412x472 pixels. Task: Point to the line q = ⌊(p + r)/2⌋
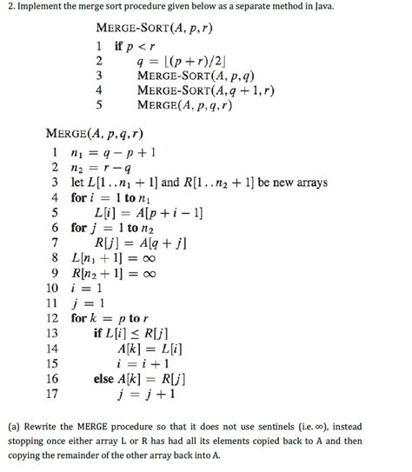point(180,61)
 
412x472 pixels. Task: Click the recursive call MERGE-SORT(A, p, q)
point(192,76)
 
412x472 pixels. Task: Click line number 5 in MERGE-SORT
point(100,105)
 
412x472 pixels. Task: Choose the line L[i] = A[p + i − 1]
point(140,213)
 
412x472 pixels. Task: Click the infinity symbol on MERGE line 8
point(150,258)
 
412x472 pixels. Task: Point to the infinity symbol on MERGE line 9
point(150,273)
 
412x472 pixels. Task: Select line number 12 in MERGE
point(52,318)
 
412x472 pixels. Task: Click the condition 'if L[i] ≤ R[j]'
point(133,334)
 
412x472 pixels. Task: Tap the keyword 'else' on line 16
point(103,379)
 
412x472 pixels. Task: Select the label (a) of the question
point(15,429)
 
